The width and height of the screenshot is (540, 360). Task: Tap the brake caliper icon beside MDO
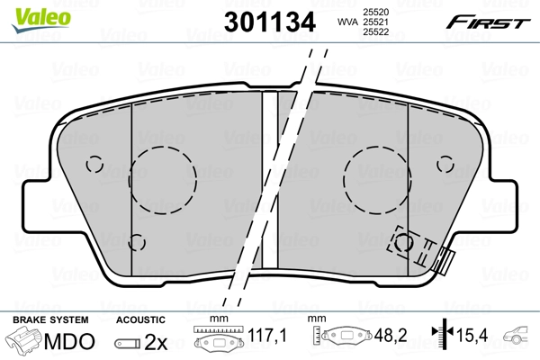[x=23, y=341]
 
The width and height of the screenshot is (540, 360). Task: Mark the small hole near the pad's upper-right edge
[x=445, y=163]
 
